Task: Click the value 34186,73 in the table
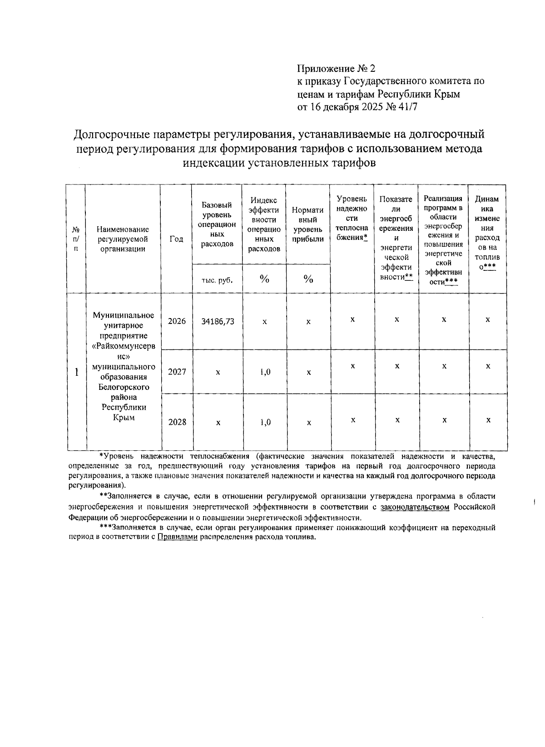pyautogui.click(x=218, y=321)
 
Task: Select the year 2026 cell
pyautogui.click(x=177, y=321)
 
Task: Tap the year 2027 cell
pyautogui.click(x=177, y=372)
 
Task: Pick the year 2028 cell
pyautogui.click(x=177, y=422)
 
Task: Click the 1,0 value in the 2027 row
pyautogui.click(x=265, y=372)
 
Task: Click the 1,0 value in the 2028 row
pyautogui.click(x=265, y=422)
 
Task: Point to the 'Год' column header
pyautogui.click(x=176, y=239)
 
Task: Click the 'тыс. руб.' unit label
pyautogui.click(x=217, y=280)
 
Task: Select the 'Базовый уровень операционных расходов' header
pyautogui.click(x=217, y=224)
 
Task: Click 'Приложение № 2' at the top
pyautogui.click(x=337, y=69)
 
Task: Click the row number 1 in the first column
pyautogui.click(x=77, y=372)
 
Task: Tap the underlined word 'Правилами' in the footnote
pyautogui.click(x=178, y=537)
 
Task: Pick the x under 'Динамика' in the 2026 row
pyautogui.click(x=488, y=319)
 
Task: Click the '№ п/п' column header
pyautogui.click(x=76, y=239)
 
